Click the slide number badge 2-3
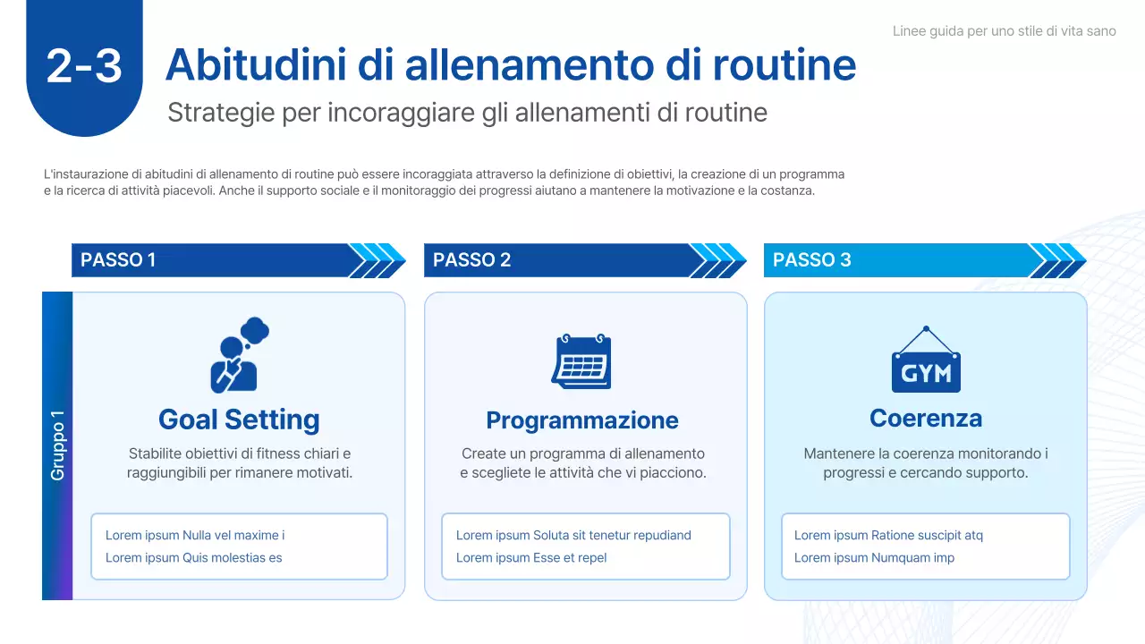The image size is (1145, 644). click(x=84, y=65)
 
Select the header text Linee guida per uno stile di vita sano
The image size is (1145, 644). click(x=1004, y=31)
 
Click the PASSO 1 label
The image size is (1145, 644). click(x=118, y=260)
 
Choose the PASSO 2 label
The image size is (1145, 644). click(x=471, y=260)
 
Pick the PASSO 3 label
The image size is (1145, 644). click(x=811, y=260)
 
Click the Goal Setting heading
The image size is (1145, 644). click(x=239, y=419)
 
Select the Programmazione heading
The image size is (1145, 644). click(x=582, y=420)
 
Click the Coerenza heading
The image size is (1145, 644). click(x=926, y=419)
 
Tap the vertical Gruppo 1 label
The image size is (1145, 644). click(x=58, y=445)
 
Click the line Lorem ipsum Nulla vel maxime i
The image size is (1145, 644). click(x=195, y=536)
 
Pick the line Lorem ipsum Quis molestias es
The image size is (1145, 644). click(x=193, y=558)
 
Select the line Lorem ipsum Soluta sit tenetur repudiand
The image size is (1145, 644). click(x=573, y=536)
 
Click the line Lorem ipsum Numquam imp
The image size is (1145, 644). click(x=874, y=558)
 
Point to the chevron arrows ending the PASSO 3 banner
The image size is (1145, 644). click(x=1057, y=260)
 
